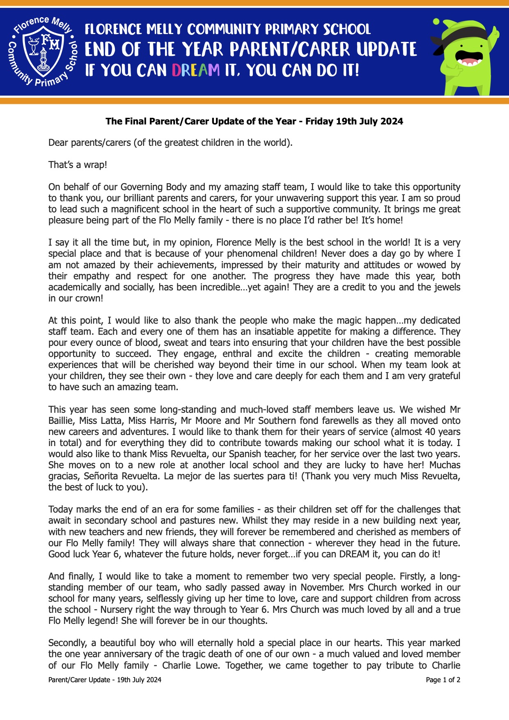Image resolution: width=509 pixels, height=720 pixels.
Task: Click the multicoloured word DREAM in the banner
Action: pos(195,70)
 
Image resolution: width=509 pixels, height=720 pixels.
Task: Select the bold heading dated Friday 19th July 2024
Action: pos(254,121)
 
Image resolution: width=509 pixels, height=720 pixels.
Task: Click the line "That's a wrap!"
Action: pos(78,165)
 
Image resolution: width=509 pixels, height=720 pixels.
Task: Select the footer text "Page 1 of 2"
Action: pos(443,680)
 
